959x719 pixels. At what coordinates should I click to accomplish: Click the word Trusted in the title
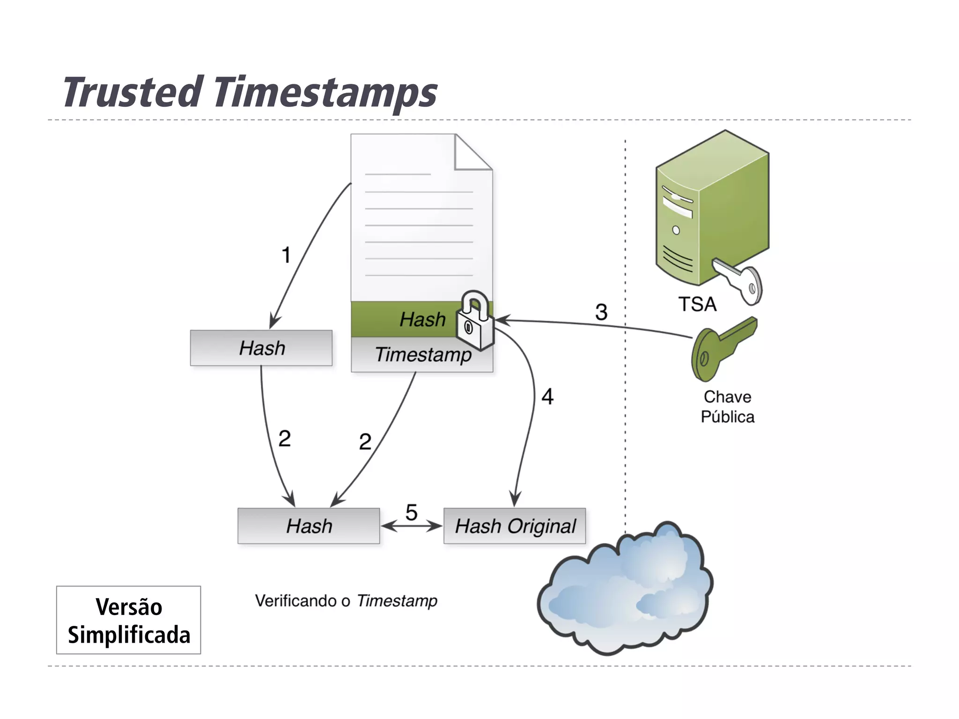coord(133,92)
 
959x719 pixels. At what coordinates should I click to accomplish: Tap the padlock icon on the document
coord(475,322)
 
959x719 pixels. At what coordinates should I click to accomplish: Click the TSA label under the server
coord(697,304)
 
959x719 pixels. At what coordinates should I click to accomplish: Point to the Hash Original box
coord(515,526)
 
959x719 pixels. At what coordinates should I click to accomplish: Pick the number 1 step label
coord(286,256)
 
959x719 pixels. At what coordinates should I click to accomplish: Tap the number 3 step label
coord(601,312)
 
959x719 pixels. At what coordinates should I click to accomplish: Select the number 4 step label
coord(547,397)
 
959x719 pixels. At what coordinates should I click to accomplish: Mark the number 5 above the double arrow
coord(411,512)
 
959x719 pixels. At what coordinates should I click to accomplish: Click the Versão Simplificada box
coord(129,620)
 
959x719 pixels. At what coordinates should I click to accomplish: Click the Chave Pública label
coord(727,407)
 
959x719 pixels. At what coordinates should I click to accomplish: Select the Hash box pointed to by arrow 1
coord(261,348)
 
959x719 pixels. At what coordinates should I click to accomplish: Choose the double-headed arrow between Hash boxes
coord(411,527)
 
